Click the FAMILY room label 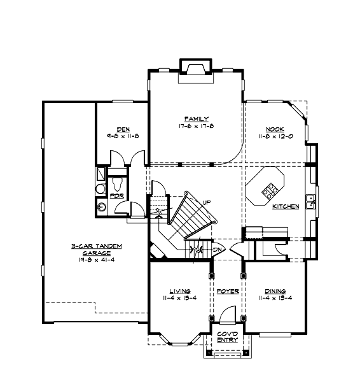coord(193,119)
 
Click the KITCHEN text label coord(285,207)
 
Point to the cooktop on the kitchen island coord(270,188)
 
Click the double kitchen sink coord(310,202)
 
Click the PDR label coord(116,196)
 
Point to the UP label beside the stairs coord(207,202)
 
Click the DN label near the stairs coord(218,249)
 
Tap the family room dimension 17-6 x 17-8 coord(193,126)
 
